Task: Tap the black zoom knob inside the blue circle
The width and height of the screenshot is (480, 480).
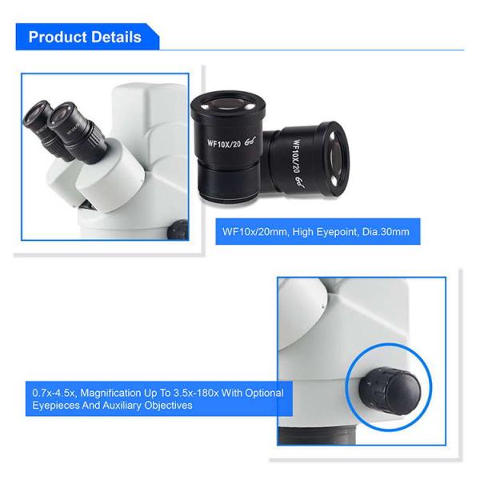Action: point(390,391)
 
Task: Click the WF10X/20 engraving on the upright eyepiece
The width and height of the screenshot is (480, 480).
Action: point(224,143)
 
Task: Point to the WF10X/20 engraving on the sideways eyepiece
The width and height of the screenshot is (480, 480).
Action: point(296,156)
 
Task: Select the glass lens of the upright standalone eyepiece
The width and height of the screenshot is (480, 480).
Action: point(227,105)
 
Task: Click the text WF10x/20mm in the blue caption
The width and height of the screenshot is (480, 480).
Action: point(255,232)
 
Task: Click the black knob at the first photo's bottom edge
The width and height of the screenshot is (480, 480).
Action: point(178,230)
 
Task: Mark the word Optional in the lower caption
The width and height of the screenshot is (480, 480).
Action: point(265,393)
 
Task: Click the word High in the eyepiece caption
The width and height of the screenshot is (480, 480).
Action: point(302,232)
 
